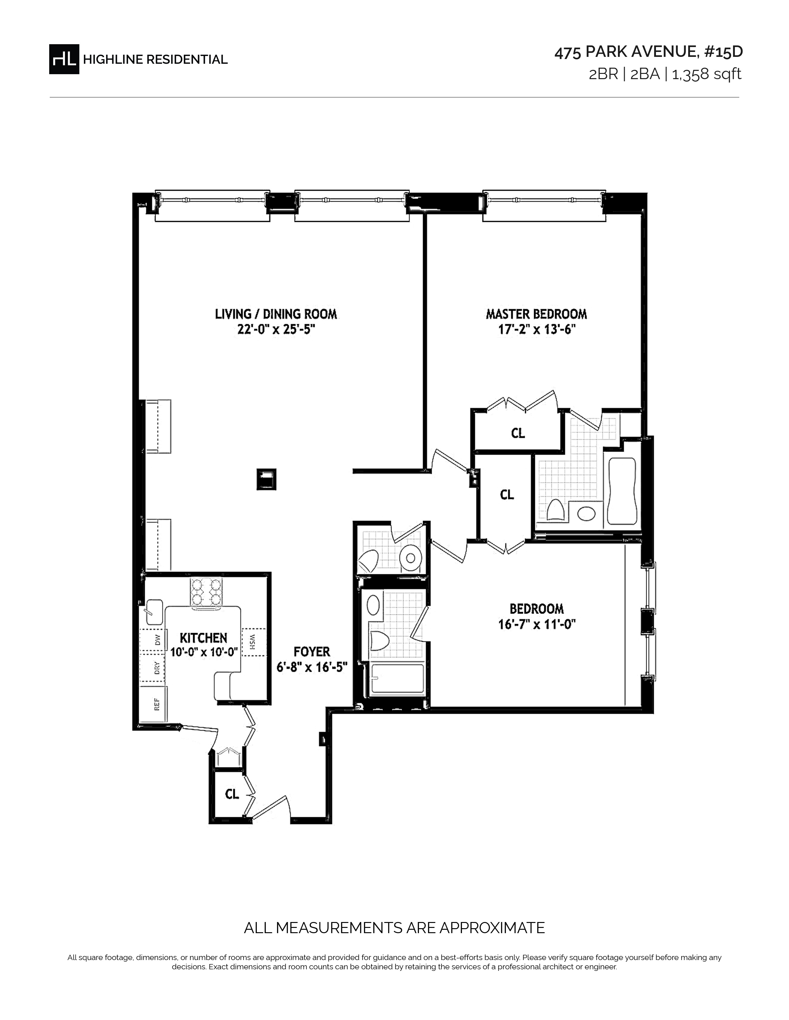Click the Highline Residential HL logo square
point(64,59)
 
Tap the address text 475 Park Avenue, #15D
point(648,52)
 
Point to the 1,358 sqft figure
point(707,74)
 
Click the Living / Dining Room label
point(276,314)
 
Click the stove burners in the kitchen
point(206,592)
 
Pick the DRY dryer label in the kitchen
point(157,668)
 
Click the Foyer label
point(312,652)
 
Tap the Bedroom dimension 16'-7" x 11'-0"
point(537,624)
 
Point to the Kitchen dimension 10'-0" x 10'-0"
point(204,652)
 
